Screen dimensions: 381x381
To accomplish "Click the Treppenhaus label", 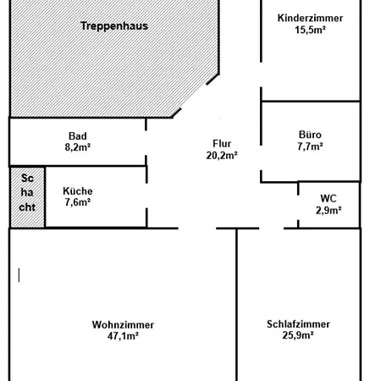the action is [114, 26].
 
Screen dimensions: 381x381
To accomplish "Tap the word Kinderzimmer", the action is [310, 18].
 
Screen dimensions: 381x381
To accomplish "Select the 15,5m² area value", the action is [310, 30].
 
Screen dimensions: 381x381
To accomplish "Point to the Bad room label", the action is [78, 136].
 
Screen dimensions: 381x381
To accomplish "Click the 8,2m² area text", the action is [78, 147].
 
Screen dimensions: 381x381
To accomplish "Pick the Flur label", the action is [222, 143].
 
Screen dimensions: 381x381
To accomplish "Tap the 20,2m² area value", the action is [222, 155].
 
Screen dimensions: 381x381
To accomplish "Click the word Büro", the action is [310, 135].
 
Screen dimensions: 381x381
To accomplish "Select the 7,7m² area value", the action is [310, 146].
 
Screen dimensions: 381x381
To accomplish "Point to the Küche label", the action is [78, 191].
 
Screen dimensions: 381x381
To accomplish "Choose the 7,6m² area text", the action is [78, 202].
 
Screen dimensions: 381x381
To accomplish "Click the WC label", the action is [329, 198].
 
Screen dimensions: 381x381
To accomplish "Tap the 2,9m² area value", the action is [329, 210].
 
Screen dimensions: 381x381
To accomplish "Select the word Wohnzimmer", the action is [123, 324].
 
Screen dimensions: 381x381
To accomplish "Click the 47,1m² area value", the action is [123, 336].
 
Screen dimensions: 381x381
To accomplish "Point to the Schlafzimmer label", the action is [298, 324].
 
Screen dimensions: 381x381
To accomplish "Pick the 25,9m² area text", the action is [298, 335].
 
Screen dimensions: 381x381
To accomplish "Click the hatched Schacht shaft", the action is [27, 197].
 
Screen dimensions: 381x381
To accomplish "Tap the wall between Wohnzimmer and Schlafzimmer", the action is [236, 305].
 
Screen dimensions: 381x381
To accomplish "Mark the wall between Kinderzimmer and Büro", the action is [311, 101].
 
